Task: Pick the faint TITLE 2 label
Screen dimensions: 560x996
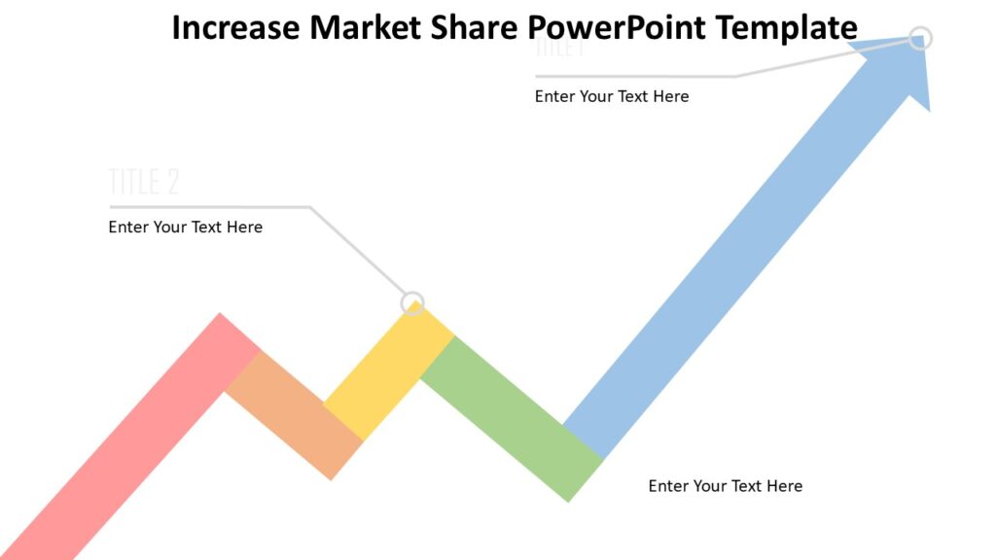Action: click(144, 182)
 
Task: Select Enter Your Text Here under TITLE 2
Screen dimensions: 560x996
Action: click(185, 227)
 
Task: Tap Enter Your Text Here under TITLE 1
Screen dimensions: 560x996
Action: click(612, 96)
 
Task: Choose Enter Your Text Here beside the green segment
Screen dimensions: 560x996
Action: click(726, 486)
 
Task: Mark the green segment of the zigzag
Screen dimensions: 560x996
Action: click(511, 419)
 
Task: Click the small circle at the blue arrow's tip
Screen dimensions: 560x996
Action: click(920, 38)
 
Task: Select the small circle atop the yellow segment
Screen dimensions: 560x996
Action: click(413, 302)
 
